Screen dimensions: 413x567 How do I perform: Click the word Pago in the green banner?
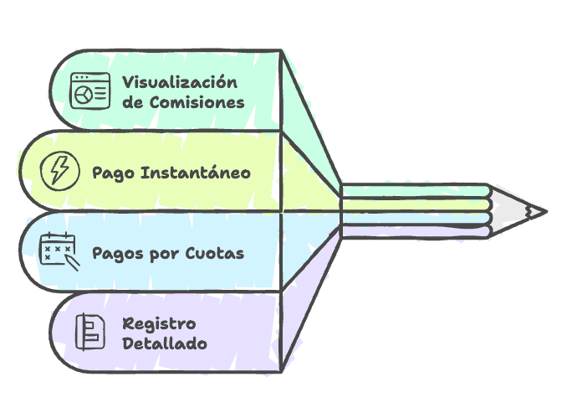113,173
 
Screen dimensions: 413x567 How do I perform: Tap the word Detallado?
165,343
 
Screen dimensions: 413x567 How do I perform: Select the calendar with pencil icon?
59,250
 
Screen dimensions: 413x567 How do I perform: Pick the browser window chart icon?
89,91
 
